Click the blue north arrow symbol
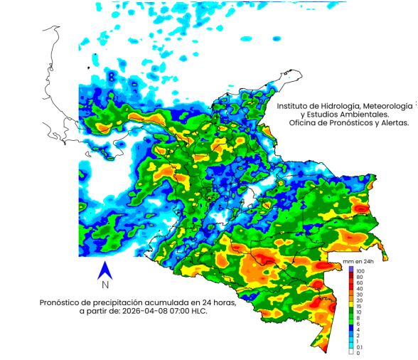104,270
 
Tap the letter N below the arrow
104,285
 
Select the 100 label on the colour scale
360,271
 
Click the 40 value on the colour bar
359,289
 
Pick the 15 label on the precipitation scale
359,306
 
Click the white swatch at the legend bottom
350,352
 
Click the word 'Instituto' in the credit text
294,105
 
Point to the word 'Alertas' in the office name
392,122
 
